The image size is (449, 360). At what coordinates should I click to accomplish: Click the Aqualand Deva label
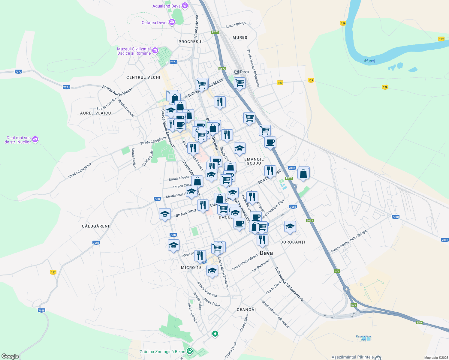[x=166, y=6]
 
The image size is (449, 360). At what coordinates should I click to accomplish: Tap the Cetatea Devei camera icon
[x=172, y=22]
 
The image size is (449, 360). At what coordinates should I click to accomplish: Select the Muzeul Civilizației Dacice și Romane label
[x=134, y=51]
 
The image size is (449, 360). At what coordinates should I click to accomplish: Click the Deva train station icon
[x=237, y=72]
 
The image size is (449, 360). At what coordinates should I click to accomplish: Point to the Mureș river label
[x=369, y=61]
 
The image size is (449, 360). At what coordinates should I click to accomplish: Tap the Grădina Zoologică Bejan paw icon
[x=189, y=351]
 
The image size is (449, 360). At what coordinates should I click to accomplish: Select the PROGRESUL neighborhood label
[x=191, y=42]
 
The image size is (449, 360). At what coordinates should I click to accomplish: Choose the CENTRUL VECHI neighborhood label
[x=143, y=77]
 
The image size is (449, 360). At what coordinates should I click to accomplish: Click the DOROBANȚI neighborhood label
[x=293, y=242]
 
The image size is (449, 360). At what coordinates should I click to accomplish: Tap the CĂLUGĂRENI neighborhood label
[x=95, y=226]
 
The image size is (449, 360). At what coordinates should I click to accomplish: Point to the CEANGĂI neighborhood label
[x=246, y=310]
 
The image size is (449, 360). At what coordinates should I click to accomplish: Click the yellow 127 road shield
[x=53, y=272]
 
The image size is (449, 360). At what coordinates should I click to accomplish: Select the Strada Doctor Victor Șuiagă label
[x=348, y=241]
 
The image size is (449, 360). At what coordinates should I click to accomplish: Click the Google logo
[x=10, y=356]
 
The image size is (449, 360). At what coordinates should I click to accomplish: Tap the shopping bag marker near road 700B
[x=303, y=174]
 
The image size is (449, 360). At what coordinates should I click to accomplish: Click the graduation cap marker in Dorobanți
[x=290, y=227]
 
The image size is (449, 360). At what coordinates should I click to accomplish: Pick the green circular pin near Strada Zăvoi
[x=215, y=334]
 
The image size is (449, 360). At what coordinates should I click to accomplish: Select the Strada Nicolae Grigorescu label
[x=253, y=68]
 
